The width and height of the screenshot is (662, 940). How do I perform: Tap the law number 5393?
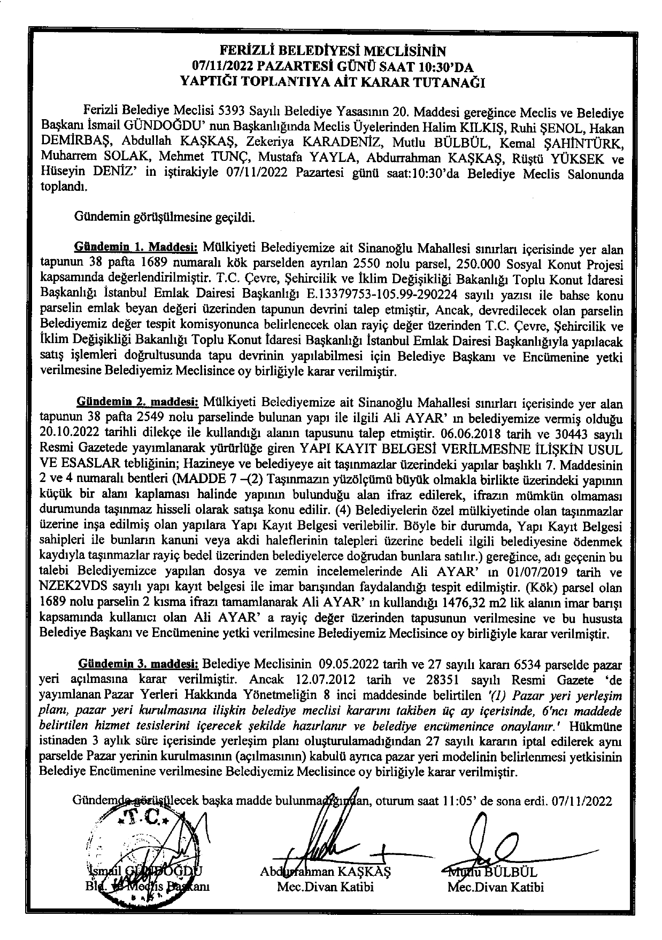[x=232, y=112]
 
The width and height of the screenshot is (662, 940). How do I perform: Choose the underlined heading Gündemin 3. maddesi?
[x=138, y=664]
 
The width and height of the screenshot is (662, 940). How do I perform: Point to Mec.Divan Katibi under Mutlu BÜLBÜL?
[x=495, y=888]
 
